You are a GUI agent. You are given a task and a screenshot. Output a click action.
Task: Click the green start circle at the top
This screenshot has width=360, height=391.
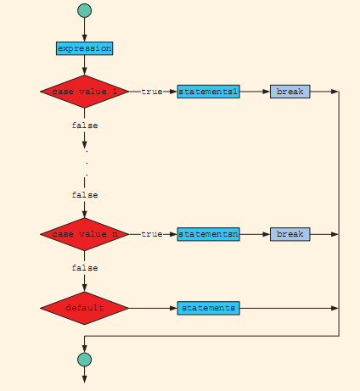coord(84,10)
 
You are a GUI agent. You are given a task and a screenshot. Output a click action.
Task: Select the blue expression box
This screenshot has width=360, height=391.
coord(84,48)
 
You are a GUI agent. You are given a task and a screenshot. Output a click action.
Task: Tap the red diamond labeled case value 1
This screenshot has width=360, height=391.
coord(84,92)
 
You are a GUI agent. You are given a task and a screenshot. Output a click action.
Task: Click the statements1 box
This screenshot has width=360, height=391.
coord(208,92)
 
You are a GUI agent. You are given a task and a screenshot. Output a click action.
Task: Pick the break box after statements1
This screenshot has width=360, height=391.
coord(290,92)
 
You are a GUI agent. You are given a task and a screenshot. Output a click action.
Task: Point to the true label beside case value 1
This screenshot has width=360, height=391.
coord(152,92)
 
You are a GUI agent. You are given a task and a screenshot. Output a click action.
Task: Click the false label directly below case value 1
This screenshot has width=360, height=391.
coord(85,126)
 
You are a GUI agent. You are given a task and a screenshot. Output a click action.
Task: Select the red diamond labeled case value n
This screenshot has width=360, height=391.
coord(84,234)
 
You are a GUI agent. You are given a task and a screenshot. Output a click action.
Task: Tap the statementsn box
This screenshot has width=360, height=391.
coord(208,234)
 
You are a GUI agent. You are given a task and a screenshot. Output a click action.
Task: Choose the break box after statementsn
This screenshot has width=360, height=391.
coord(290,234)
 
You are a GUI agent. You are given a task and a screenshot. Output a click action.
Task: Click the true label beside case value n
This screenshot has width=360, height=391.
coord(152,234)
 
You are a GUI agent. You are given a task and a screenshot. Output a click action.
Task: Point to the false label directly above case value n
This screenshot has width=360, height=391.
coord(85,195)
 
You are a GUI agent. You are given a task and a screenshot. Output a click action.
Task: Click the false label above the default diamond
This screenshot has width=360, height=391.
coord(85,268)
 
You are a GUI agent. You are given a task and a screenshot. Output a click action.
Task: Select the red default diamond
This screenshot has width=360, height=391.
coord(84,308)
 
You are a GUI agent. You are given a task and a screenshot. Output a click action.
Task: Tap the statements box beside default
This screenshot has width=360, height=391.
coord(208,308)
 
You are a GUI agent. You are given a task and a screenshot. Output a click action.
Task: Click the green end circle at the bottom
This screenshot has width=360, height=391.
coord(84,360)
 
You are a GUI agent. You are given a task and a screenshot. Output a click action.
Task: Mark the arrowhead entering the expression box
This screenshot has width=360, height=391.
coord(84,38)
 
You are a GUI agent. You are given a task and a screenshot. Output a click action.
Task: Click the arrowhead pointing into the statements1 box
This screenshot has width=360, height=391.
coord(173,92)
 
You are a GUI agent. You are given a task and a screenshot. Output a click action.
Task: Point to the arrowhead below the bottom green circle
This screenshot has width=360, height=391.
coord(84,379)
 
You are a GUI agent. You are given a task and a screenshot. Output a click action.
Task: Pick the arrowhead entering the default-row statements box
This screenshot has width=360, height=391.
coord(173,308)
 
